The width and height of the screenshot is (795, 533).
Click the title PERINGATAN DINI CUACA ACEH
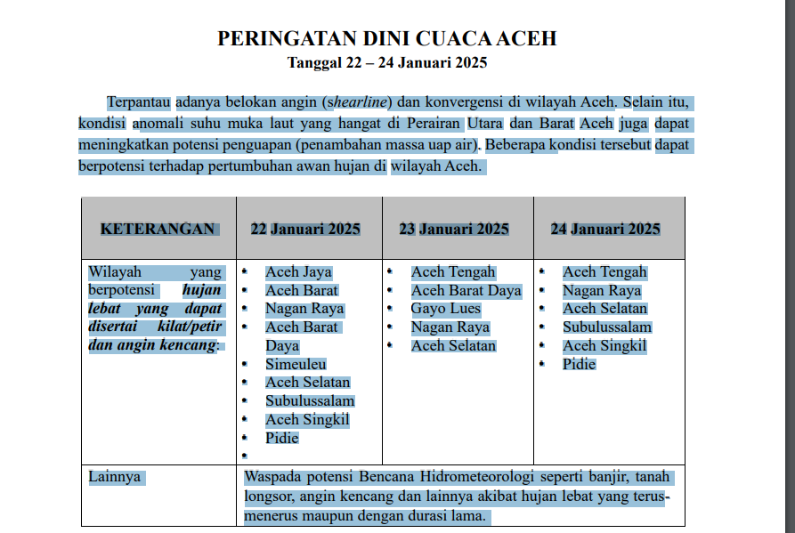pyautogui.click(x=386, y=38)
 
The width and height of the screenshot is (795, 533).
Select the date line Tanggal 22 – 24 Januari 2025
pyautogui.click(x=386, y=62)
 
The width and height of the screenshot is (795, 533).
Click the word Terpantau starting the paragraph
pyautogui.click(x=138, y=101)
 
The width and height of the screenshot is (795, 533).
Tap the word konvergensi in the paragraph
pyautogui.click(x=467, y=101)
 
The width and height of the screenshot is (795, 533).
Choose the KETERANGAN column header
pyautogui.click(x=158, y=229)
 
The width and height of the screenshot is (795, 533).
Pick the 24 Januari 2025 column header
pyautogui.click(x=605, y=229)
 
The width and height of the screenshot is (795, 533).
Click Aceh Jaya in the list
pyautogui.click(x=298, y=272)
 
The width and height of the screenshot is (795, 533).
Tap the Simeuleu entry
pyautogui.click(x=296, y=364)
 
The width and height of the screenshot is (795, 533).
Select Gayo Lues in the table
pyautogui.click(x=445, y=309)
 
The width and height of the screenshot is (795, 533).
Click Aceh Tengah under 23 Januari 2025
pyautogui.click(x=453, y=272)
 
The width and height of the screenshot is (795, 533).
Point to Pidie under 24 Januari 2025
pyautogui.click(x=579, y=364)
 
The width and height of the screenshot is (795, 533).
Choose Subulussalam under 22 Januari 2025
pyautogui.click(x=310, y=400)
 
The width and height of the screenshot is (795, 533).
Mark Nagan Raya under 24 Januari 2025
pyautogui.click(x=602, y=290)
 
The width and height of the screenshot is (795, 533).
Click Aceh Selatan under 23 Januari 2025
pyautogui.click(x=453, y=345)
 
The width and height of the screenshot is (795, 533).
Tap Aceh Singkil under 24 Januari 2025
pyautogui.click(x=604, y=345)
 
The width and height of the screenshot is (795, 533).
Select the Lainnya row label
pyautogui.click(x=115, y=477)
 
